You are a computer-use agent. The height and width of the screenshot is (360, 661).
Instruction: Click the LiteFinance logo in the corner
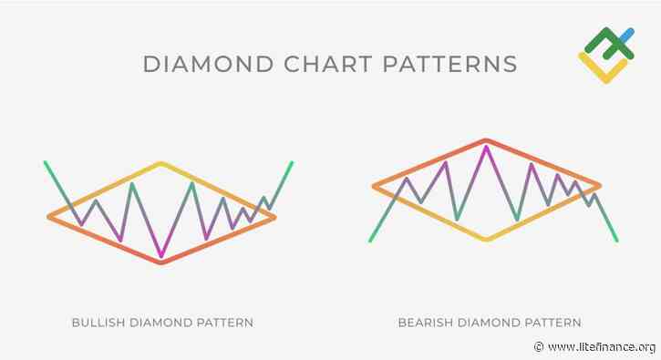click(606, 53)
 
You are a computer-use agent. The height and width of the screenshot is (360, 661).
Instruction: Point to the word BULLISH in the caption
click(101, 323)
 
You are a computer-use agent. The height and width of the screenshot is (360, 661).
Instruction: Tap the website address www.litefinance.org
click(601, 347)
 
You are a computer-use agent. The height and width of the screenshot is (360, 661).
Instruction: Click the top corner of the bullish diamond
click(161, 164)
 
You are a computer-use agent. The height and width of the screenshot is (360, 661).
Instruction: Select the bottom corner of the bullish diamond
click(161, 262)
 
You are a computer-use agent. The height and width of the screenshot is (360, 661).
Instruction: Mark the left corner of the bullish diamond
click(49, 216)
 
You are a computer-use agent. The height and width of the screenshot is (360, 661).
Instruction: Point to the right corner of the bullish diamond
click(274, 216)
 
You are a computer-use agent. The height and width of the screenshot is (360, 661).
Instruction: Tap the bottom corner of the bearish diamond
click(487, 240)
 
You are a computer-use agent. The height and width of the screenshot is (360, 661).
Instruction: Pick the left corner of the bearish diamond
click(374, 187)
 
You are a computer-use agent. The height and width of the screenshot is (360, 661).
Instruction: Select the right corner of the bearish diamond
click(600, 185)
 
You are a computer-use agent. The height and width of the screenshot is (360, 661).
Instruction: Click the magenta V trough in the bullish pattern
click(161, 255)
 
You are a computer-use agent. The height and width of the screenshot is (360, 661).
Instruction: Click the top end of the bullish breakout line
click(292, 163)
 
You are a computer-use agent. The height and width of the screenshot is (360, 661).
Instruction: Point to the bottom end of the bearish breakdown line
click(617, 241)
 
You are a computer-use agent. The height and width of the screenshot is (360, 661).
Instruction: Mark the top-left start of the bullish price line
click(45, 162)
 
